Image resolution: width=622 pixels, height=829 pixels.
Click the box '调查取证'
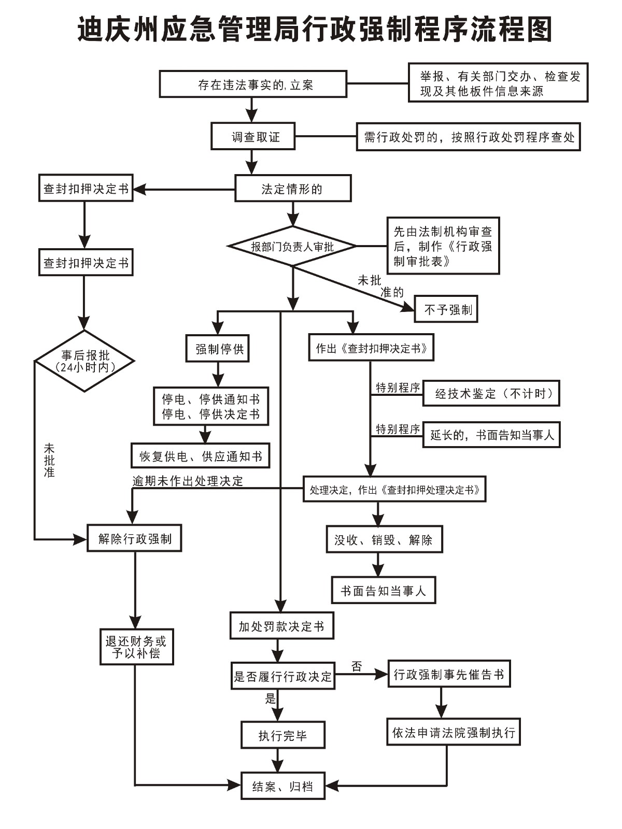pyautogui.click(x=253, y=136)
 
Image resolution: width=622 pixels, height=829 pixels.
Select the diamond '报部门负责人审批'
pyautogui.click(x=293, y=246)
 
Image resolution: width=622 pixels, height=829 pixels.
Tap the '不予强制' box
pyautogui.click(x=446, y=309)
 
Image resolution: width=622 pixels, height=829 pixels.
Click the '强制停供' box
pyautogui.click(x=218, y=348)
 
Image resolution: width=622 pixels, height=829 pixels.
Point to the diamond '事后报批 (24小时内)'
pyautogui.click(x=84, y=361)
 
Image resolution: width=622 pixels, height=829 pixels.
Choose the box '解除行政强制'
pyautogui.click(x=134, y=539)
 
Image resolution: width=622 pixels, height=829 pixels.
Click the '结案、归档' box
pyautogui.click(x=283, y=786)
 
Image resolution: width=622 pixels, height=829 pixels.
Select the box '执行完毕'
pyautogui.click(x=283, y=735)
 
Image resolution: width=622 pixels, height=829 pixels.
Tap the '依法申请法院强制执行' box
pyautogui.click(x=453, y=732)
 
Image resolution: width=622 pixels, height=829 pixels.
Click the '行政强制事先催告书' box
pyautogui.click(x=449, y=674)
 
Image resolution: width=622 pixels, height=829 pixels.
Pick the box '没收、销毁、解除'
pyautogui.click(x=384, y=540)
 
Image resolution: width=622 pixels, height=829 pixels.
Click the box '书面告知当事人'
pyautogui.click(x=384, y=590)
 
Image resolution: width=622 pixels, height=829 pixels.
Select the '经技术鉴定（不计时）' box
pyautogui.click(x=491, y=394)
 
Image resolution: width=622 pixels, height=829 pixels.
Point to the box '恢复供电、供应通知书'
pyautogui.click(x=201, y=456)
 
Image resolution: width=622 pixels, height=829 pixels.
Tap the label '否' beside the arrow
pyautogui.click(x=357, y=666)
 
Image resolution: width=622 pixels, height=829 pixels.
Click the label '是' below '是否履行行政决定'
pyautogui.click(x=271, y=698)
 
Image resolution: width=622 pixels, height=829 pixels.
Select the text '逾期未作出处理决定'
pyautogui.click(x=188, y=481)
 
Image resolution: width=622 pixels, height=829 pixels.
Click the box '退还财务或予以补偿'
pyautogui.click(x=136, y=647)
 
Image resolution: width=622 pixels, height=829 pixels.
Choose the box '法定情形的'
pyautogui.click(x=293, y=189)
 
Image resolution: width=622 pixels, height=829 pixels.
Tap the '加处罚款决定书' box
pyautogui.click(x=281, y=626)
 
